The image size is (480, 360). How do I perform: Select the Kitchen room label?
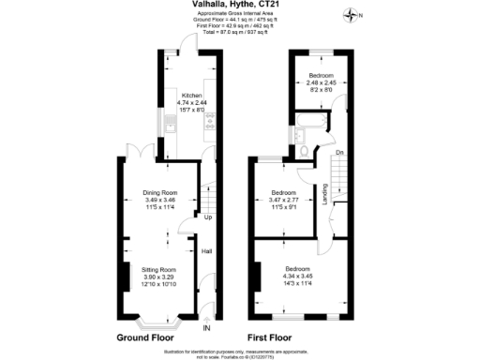pyautogui.click(x=191, y=95)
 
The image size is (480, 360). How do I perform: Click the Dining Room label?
pyautogui.click(x=159, y=190)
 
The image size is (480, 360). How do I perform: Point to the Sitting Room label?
pyautogui.click(x=159, y=269)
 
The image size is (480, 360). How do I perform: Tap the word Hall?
pyautogui.click(x=206, y=250)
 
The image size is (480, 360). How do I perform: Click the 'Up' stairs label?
pyautogui.click(x=207, y=218)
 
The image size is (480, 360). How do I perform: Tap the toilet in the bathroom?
pyautogui.click(x=306, y=150)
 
